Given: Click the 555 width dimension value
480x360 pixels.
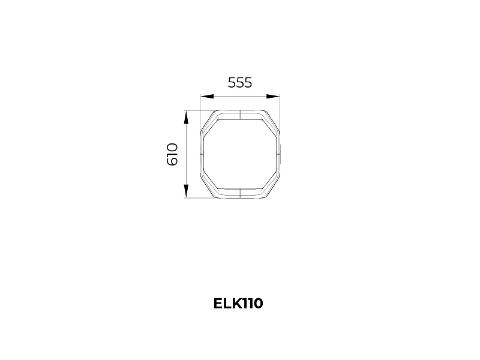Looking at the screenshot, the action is (x=239, y=83).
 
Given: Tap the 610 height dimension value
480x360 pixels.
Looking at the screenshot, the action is (x=172, y=154).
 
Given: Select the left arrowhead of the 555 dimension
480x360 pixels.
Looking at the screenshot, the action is (x=206, y=97).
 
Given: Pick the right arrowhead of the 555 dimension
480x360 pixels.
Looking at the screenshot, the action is (x=273, y=97).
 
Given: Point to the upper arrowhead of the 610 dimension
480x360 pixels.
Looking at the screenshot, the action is (x=186, y=117).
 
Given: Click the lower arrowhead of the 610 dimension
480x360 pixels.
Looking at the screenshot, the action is (x=186, y=191).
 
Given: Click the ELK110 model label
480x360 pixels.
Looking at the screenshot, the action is (x=238, y=304).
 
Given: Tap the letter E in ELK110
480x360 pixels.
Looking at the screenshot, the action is (x=217, y=304).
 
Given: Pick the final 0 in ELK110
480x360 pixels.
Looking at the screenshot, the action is (x=258, y=304).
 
